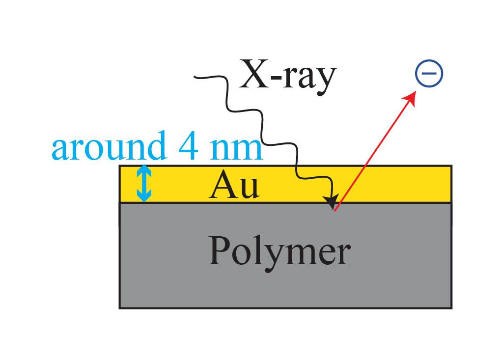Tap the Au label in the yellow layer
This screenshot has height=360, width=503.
(234, 185)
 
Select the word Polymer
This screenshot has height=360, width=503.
(279, 252)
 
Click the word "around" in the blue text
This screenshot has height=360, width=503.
(109, 146)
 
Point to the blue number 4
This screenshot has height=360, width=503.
(188, 146)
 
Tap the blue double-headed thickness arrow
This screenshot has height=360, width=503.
(144, 183)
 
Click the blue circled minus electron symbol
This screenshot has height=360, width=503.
(429, 73)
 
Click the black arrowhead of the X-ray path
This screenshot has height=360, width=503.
(332, 201)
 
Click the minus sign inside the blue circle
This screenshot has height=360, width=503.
(429, 73)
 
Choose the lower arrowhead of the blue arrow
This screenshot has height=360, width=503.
(144, 196)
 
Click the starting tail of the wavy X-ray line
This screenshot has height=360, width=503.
(195, 77)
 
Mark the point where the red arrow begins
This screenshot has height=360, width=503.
(335, 211)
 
